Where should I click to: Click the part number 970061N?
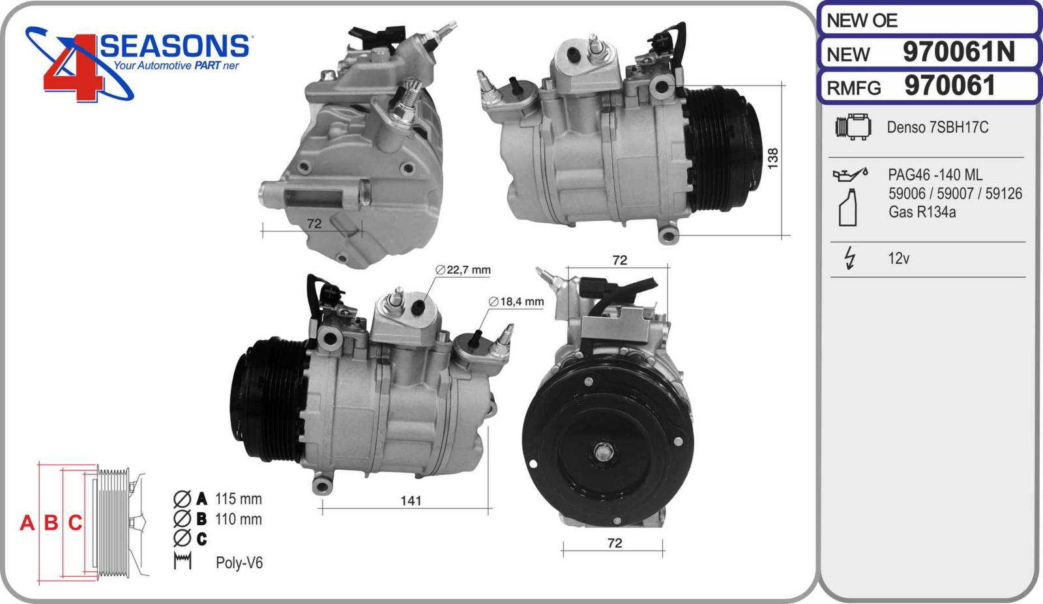click(959, 51)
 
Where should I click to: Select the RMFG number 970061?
click(950, 85)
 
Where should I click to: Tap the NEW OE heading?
click(862, 20)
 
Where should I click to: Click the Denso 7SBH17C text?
click(937, 127)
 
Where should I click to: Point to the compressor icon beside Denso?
click(853, 126)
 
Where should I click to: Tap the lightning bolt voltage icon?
click(850, 258)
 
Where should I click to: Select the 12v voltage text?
click(898, 258)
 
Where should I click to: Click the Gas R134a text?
click(922, 212)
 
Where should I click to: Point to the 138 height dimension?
click(772, 158)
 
